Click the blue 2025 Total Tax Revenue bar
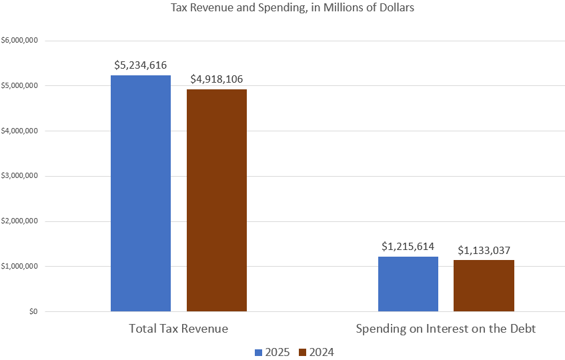pyautogui.click(x=141, y=193)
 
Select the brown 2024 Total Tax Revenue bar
pyautogui.click(x=217, y=200)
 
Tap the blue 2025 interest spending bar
pyautogui.click(x=408, y=284)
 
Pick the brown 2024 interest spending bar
pyautogui.click(x=484, y=285)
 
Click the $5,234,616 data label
pyautogui.click(x=140, y=65)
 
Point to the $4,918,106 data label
pyautogui.click(x=216, y=79)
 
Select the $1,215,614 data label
pyautogui.click(x=408, y=246)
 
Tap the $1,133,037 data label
pyautogui.click(x=484, y=250)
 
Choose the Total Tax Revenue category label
pyautogui.click(x=178, y=329)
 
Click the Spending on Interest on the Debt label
pyautogui.click(x=446, y=329)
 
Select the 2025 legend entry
pyautogui.click(x=272, y=352)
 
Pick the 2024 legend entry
pyautogui.click(x=316, y=352)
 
